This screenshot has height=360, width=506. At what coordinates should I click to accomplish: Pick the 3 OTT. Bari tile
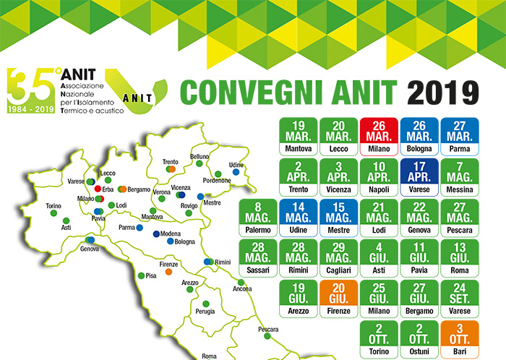coord(460,341)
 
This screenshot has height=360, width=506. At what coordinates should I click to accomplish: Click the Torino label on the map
coord(53,206)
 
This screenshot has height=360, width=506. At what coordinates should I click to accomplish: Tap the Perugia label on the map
coord(205,312)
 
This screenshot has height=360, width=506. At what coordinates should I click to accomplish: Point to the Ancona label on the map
coord(243,290)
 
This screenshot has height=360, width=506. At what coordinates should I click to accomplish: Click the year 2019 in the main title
coord(443,91)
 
